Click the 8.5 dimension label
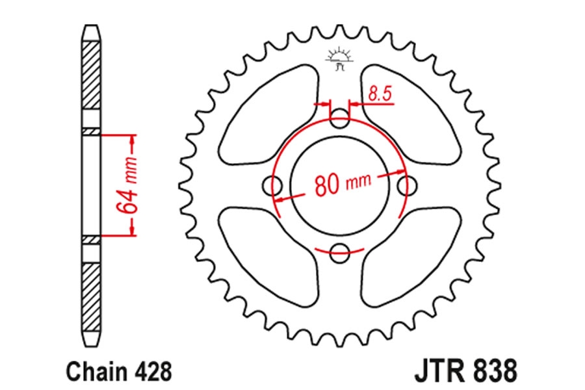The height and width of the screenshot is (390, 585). point(380,94)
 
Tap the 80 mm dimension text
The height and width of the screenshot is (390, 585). point(343,183)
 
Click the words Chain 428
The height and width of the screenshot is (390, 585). point(120,371)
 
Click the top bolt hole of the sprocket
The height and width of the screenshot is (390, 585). point(339,118)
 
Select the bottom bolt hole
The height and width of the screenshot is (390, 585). point(339,253)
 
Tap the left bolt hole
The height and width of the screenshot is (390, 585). point(272,186)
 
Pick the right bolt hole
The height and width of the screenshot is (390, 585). point(407,185)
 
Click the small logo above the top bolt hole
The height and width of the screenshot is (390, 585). point(339,59)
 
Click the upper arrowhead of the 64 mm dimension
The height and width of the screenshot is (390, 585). point(132,140)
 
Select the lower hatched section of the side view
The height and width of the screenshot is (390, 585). point(92,298)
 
